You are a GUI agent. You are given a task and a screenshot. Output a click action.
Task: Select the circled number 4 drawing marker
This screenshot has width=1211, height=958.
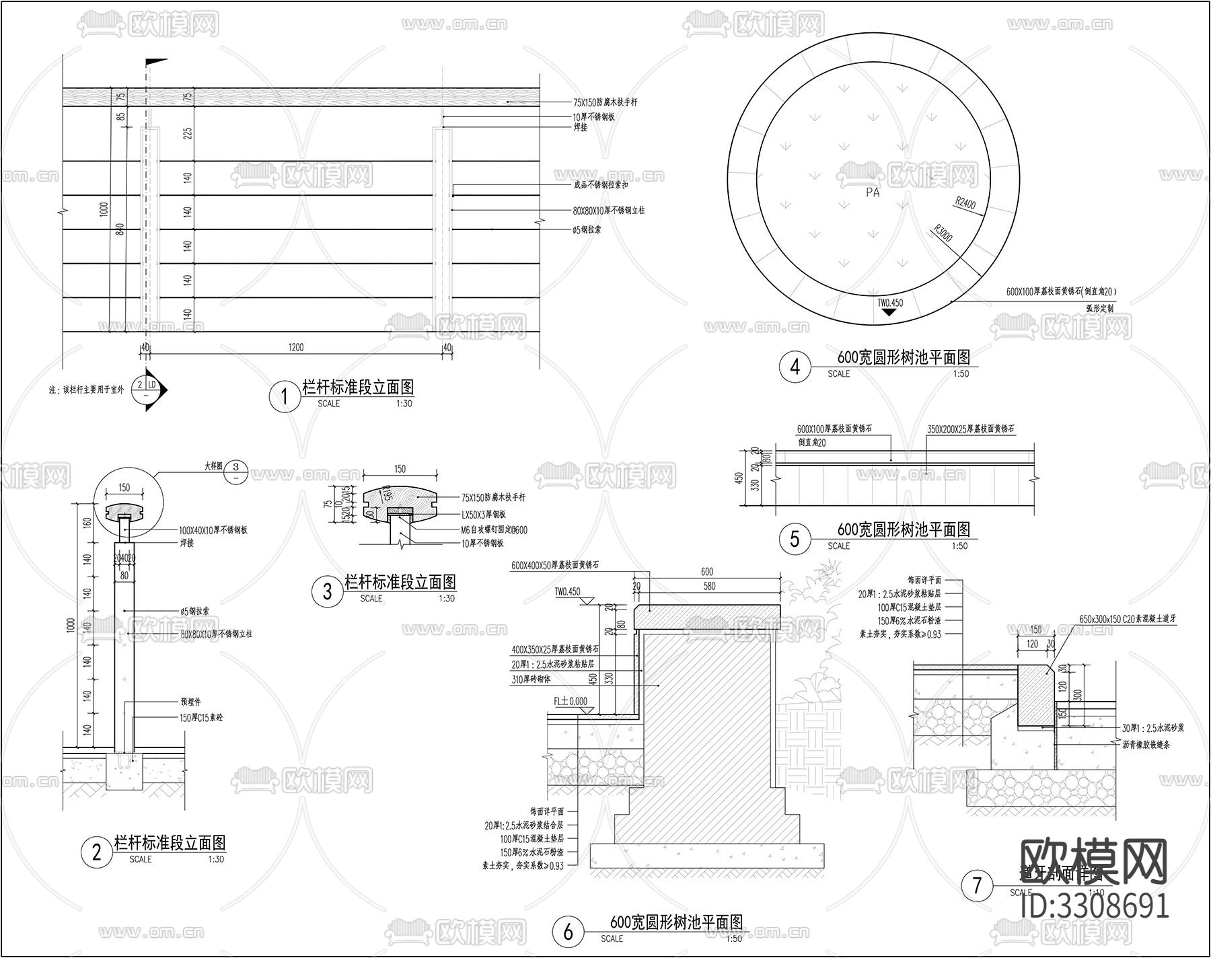[x=795, y=367]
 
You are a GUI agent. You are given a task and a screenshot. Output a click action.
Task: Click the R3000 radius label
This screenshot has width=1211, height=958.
[x=943, y=233]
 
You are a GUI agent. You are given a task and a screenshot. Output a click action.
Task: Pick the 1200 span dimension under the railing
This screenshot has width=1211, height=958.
[x=296, y=347]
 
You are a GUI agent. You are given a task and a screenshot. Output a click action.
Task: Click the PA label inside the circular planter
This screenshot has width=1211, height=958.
[x=873, y=192]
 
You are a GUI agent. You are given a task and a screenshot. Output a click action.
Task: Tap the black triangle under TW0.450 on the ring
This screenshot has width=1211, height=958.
[x=889, y=312]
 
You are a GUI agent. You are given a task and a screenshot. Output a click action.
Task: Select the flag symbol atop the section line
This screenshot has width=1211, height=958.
[x=155, y=62]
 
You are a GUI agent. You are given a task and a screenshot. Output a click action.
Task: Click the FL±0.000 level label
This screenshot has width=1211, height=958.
[x=571, y=701]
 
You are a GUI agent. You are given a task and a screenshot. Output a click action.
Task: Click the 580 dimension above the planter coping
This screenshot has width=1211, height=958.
[x=708, y=586]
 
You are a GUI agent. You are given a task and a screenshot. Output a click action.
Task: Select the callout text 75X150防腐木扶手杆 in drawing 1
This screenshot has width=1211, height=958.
[x=605, y=102]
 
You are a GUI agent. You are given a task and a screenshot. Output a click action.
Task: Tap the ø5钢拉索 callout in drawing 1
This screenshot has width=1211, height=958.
[x=587, y=229]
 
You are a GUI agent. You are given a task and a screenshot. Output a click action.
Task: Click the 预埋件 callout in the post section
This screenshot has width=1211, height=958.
[x=192, y=702]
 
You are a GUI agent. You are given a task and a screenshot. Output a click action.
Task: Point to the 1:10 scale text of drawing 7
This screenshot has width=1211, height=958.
[x=1097, y=893]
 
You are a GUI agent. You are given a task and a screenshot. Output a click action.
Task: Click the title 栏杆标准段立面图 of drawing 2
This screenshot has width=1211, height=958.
[x=170, y=842]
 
